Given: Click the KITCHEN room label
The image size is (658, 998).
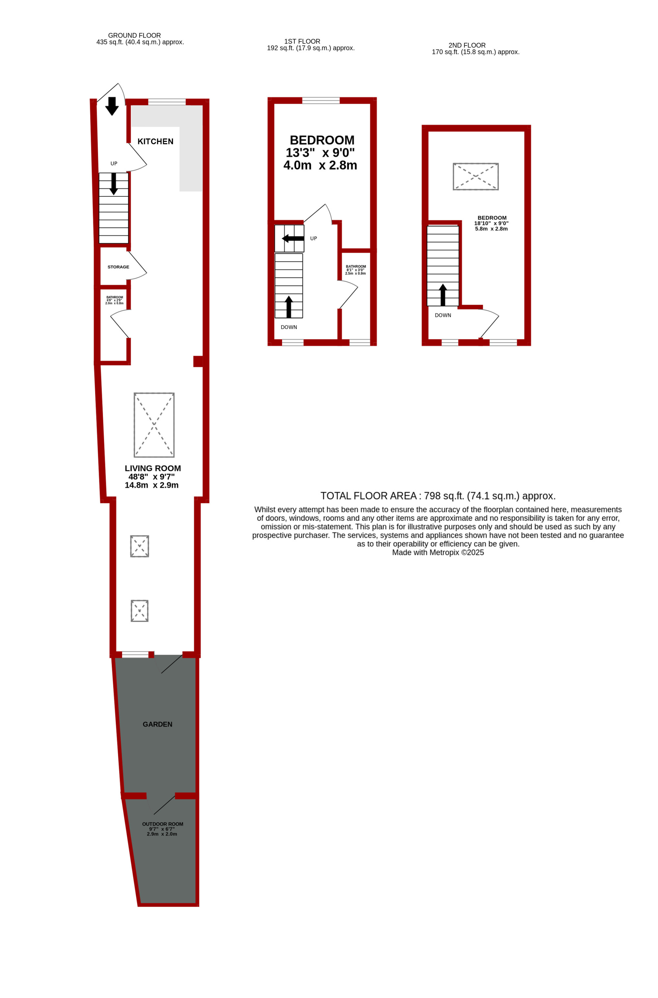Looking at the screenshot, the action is tap(155, 141).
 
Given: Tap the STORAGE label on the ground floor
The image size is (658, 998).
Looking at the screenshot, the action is tap(118, 267).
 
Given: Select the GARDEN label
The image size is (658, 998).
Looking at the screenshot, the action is tap(157, 724).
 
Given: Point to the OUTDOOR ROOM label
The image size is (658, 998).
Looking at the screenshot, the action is tap(163, 824).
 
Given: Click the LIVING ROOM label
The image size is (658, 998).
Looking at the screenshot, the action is tap(153, 468).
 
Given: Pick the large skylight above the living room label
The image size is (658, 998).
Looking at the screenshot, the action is tap(154, 425).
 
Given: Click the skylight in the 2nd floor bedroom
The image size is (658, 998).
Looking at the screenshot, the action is tap(475, 177).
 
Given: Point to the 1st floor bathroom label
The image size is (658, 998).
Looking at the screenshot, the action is tap(356, 266).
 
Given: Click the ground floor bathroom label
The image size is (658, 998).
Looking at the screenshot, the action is tap(114, 297).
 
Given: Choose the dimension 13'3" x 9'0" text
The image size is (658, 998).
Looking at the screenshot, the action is tap(320, 153).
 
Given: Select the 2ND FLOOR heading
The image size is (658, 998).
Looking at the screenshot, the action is tap(467, 45).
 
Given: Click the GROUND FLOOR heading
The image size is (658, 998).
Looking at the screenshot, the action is tap(134, 36).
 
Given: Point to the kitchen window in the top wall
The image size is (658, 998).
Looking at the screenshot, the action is tap(166, 102).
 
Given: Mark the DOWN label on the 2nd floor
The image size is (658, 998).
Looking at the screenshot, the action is tap(443, 315).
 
